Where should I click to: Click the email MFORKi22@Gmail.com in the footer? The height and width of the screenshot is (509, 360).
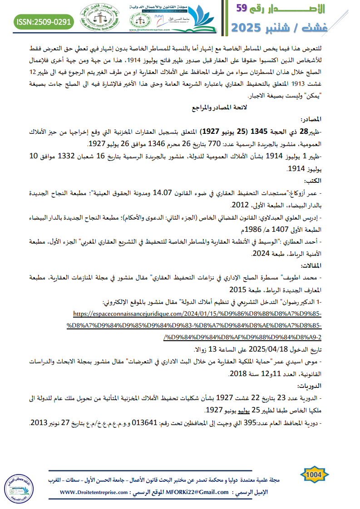(x=198, y=492)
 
